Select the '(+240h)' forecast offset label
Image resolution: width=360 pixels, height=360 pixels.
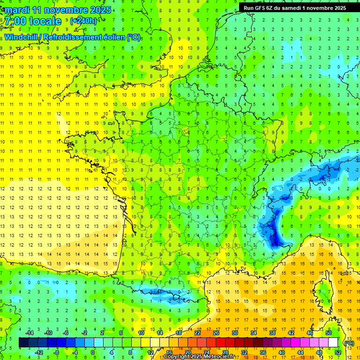[x=83, y=21]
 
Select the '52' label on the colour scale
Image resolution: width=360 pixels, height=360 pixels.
[x=338, y=352]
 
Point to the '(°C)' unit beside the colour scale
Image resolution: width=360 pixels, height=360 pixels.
[x=349, y=343]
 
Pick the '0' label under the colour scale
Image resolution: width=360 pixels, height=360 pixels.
[x=93, y=352]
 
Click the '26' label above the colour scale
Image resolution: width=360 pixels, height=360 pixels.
[x=216, y=333]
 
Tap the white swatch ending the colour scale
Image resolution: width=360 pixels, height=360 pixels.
[x=333, y=343]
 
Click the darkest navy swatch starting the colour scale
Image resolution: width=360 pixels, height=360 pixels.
[x=23, y=343]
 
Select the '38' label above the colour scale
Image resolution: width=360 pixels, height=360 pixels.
[x=272, y=333]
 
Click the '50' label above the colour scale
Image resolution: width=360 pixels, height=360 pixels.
[x=329, y=333]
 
